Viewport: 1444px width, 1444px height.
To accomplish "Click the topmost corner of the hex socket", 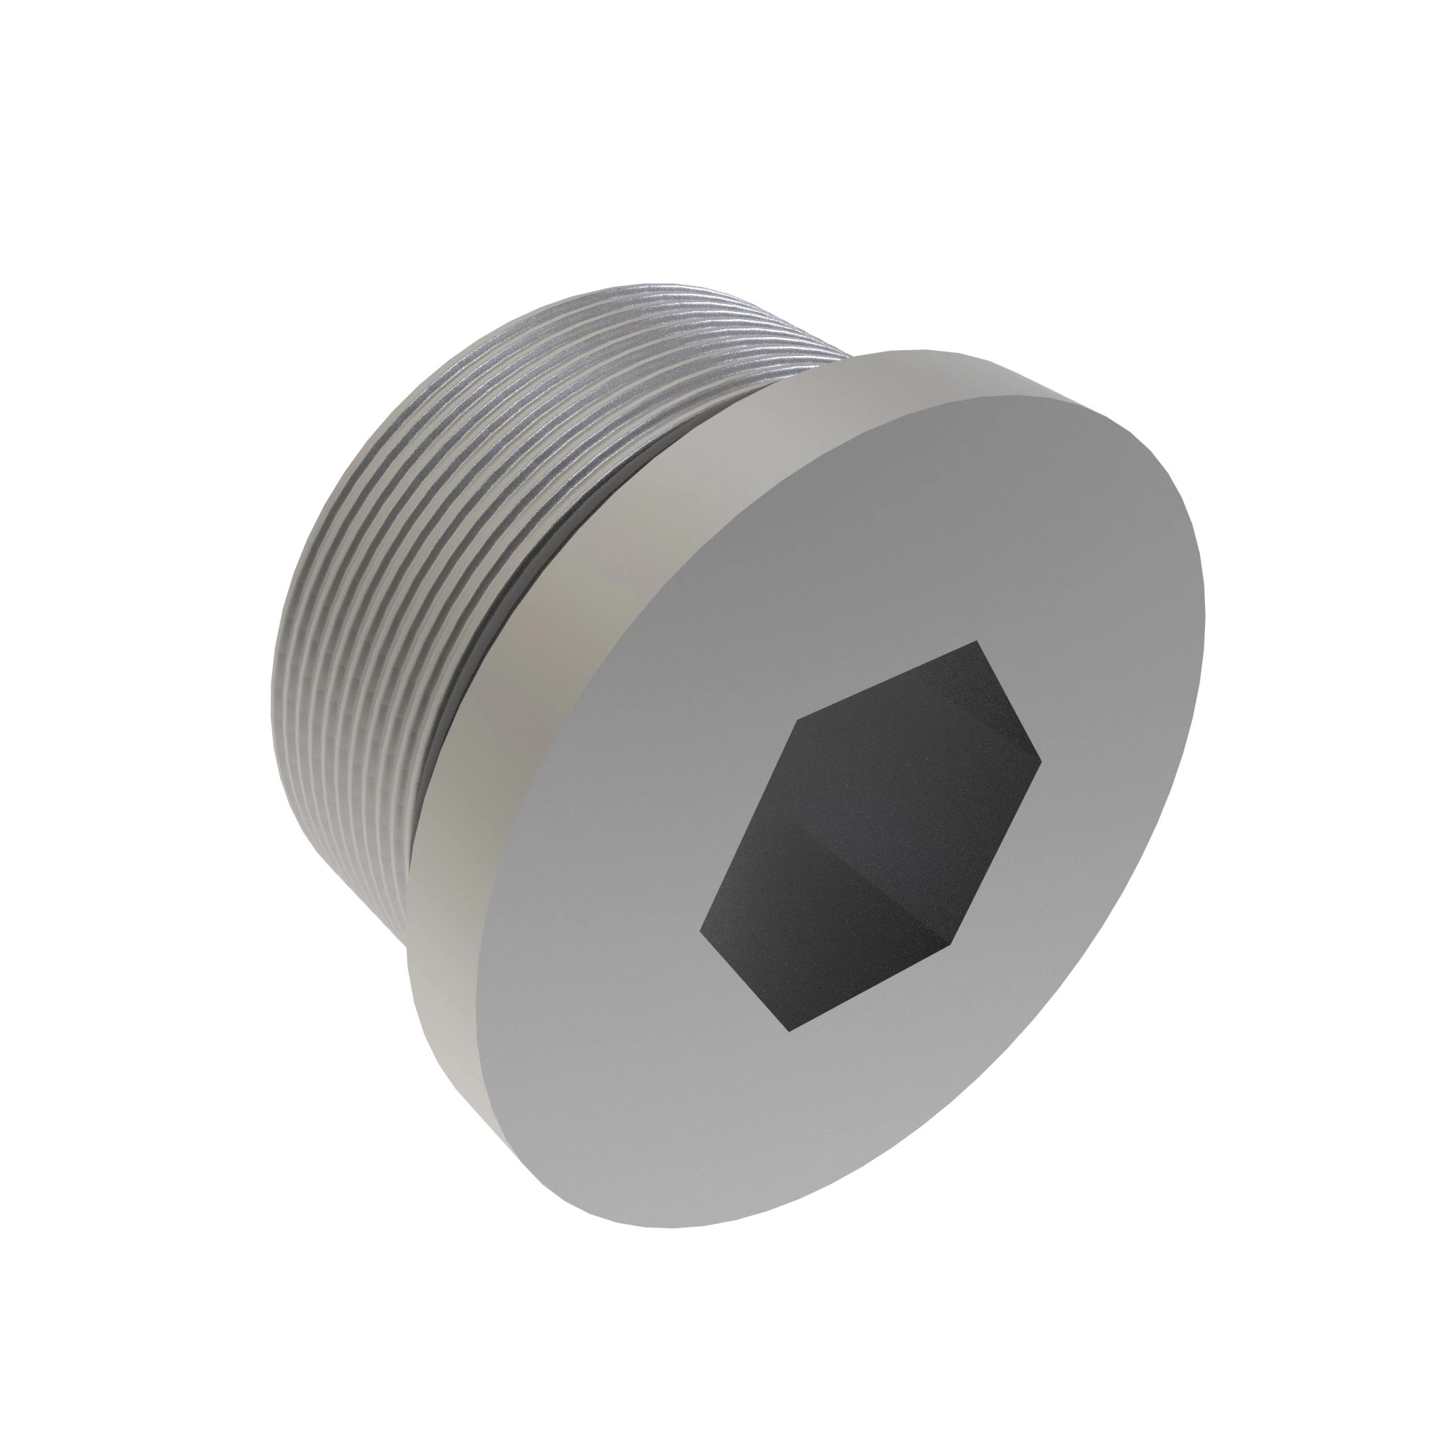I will [x=975, y=641].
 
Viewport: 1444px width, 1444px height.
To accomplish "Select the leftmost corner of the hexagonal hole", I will [x=700, y=932].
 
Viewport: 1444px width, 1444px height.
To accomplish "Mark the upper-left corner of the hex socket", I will [x=799, y=720].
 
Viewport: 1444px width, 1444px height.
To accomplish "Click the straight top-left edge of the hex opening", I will [x=887, y=680].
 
